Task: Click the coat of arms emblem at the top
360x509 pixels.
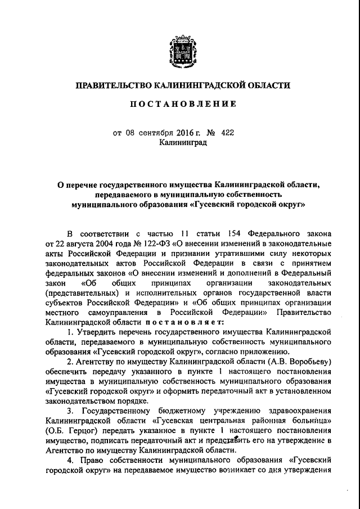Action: tap(180, 55)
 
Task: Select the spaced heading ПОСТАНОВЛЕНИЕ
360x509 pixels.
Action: tap(180, 105)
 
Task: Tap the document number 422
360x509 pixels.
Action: tap(228, 133)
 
